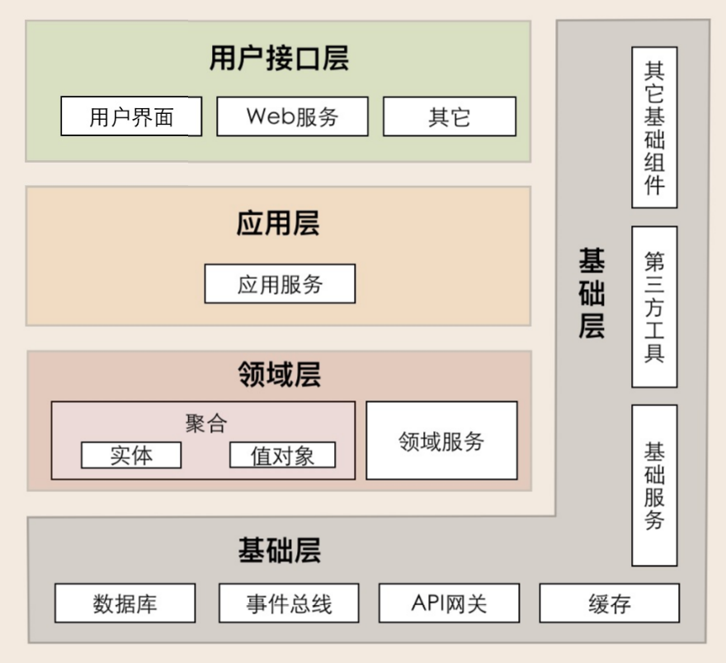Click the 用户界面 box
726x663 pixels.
(x=131, y=116)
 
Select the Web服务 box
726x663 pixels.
(x=293, y=116)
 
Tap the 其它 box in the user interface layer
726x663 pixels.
(x=450, y=116)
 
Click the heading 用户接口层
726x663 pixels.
(x=279, y=58)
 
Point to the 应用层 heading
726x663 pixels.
(x=278, y=223)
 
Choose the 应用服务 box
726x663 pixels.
(x=280, y=283)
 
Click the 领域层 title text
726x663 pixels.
(x=280, y=374)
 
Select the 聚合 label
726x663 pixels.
(x=206, y=423)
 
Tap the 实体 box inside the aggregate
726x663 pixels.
(x=131, y=455)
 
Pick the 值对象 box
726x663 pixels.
(x=282, y=455)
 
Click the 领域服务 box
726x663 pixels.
(x=441, y=440)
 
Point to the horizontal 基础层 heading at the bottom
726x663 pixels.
(x=280, y=551)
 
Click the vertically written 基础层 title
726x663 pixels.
(x=592, y=293)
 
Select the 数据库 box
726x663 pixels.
(x=125, y=603)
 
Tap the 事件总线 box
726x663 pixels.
(x=289, y=603)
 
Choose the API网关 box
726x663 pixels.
(x=449, y=603)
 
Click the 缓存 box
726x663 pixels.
(x=610, y=603)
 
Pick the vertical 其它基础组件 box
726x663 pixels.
(x=655, y=127)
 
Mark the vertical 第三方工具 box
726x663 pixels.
(x=655, y=306)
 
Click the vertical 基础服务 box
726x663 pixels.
(x=655, y=485)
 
